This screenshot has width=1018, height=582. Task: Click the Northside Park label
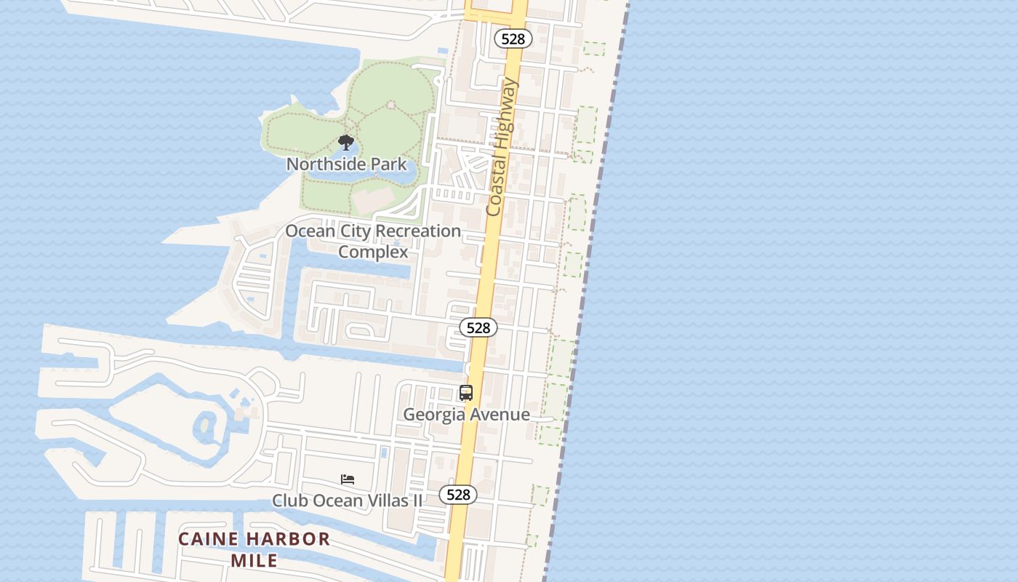(346, 164)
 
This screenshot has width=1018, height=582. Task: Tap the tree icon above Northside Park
(346, 142)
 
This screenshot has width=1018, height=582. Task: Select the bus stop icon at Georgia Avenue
(466, 393)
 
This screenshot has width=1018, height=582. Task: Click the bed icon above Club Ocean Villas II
(348, 479)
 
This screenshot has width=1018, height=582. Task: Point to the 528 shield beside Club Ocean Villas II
(458, 495)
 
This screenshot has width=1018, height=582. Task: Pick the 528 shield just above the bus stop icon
(478, 327)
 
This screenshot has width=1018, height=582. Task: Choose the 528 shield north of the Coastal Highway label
(513, 39)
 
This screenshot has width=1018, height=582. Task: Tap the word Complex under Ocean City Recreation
(373, 252)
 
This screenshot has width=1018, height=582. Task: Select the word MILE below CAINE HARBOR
(254, 560)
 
